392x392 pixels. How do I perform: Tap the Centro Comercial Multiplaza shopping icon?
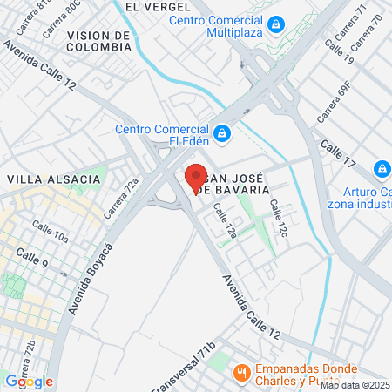[x=277, y=25]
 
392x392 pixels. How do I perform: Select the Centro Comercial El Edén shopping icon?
[x=222, y=132]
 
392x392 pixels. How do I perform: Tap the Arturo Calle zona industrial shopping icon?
[x=382, y=168]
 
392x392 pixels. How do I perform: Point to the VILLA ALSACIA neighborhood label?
[x=54, y=179]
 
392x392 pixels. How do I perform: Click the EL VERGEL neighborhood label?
[x=158, y=6]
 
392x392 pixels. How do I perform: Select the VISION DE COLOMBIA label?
[x=98, y=41]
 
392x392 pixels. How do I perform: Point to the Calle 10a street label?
[x=51, y=231]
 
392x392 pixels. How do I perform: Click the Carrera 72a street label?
[x=121, y=199]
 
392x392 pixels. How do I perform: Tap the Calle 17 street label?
[x=338, y=153]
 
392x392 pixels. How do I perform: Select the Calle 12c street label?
[x=279, y=217]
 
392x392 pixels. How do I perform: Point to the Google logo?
[x=29, y=381]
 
